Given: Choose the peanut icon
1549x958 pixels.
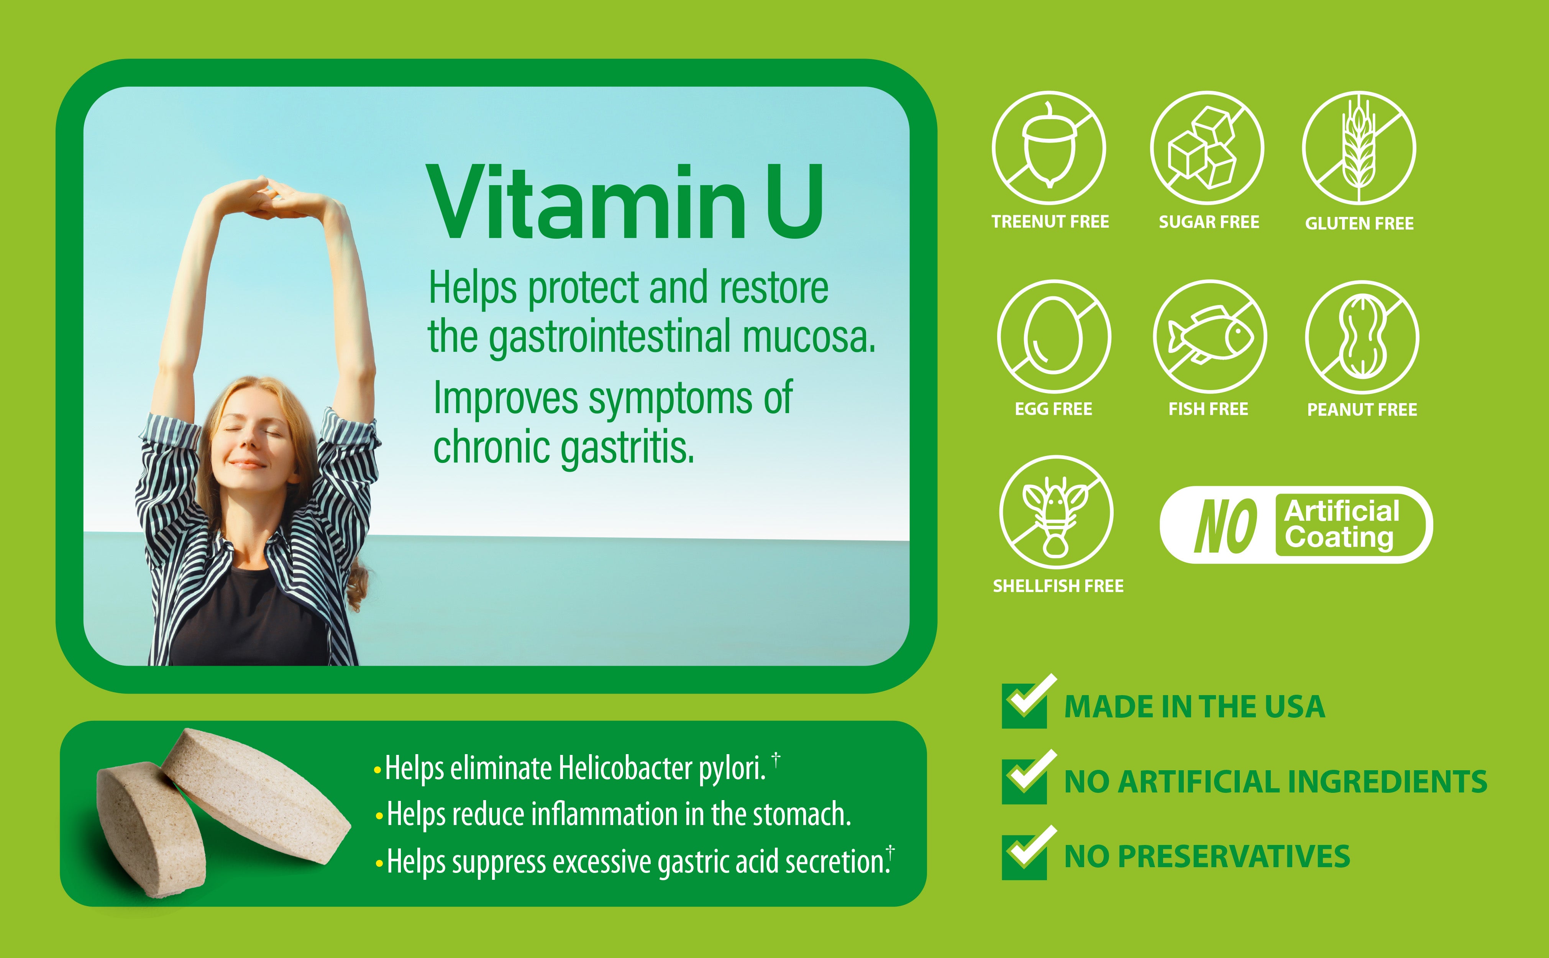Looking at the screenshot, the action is [1362, 336].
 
